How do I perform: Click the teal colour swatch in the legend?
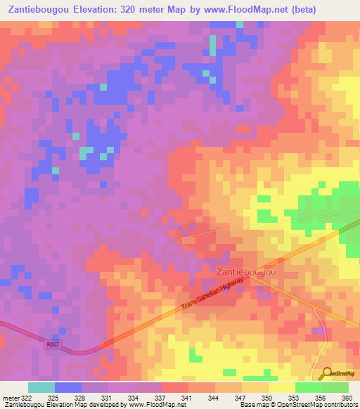(x=41, y=387)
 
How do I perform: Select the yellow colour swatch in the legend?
(x=281, y=387)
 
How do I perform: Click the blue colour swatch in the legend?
(x=68, y=387)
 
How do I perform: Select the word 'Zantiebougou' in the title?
(x=39, y=10)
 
